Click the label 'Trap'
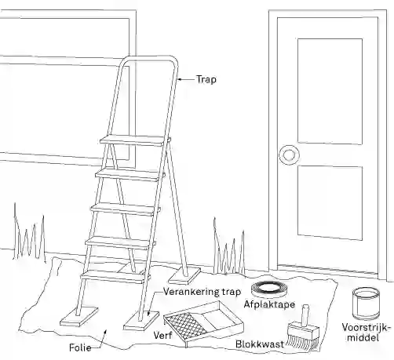tap(206, 79)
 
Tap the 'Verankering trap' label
tap(202, 292)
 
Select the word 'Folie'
tap(80, 347)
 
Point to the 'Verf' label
tap(162, 336)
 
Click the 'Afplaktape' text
tap(269, 304)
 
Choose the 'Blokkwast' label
tap(260, 344)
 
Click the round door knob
tap(289, 155)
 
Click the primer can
tap(366, 304)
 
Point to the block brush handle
tap(305, 315)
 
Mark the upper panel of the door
tap(330, 91)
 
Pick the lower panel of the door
tap(330, 202)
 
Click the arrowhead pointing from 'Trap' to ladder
tap(180, 79)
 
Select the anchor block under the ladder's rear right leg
tap(184, 277)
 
